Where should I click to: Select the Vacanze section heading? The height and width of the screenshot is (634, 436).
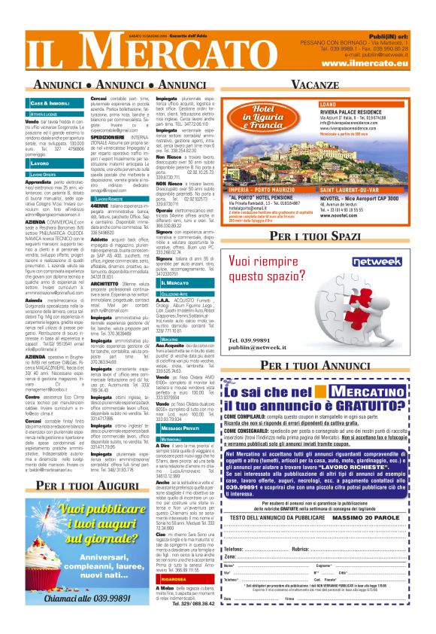coord(314,84)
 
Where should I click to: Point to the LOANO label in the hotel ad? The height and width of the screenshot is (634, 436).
coord(329,103)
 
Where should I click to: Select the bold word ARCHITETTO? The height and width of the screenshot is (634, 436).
coord(106,262)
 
